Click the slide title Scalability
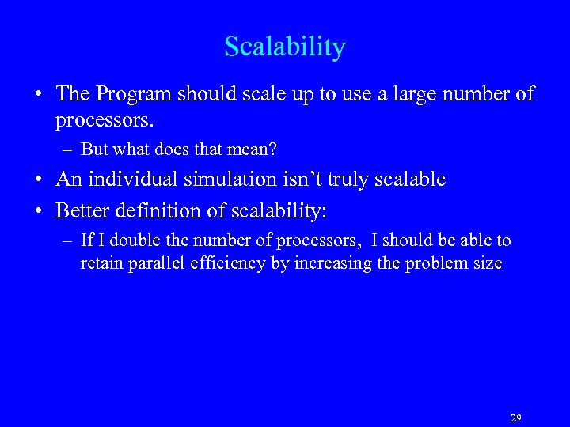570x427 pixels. [285, 47]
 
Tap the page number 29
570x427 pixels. [516, 418]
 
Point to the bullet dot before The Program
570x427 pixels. [38, 95]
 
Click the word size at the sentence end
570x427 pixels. [486, 263]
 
